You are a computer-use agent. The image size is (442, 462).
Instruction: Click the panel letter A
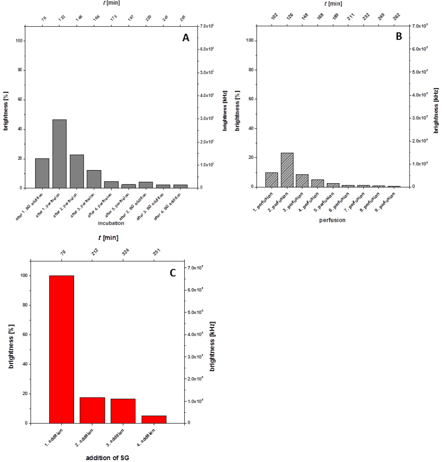(x=186, y=38)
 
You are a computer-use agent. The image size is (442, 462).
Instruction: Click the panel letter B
(x=398, y=37)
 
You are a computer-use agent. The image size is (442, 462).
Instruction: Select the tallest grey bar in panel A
(x=59, y=154)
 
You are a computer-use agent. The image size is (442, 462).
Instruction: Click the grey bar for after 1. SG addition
(x=42, y=173)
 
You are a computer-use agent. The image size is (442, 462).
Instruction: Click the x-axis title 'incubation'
(x=111, y=223)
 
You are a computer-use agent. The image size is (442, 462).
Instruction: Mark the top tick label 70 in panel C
(x=62, y=250)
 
